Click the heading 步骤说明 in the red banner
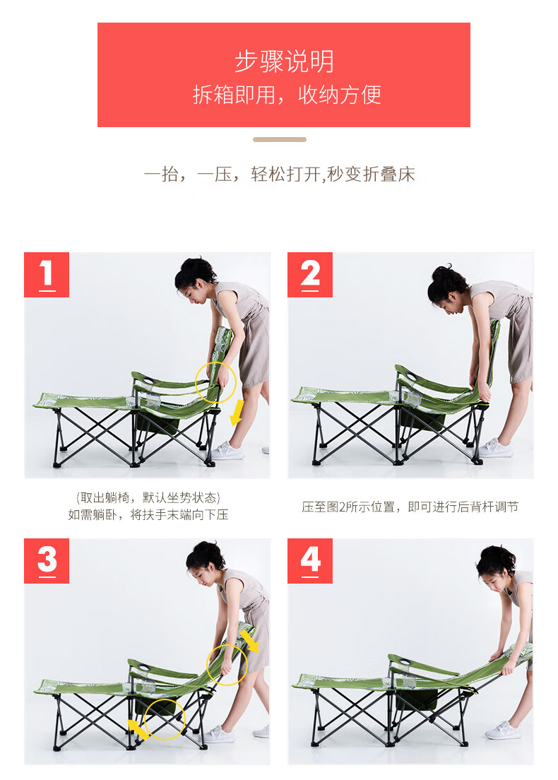point(284,61)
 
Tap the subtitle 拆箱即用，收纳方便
point(287,95)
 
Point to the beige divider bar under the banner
point(280,140)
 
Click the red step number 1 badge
point(47,275)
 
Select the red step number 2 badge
point(310,275)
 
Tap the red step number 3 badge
point(47,561)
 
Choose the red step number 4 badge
point(310,561)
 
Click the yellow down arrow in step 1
point(237,413)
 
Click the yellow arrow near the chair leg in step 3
point(138,729)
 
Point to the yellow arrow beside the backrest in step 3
point(249,640)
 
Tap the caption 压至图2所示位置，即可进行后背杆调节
point(410,507)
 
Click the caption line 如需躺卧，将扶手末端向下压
point(148,515)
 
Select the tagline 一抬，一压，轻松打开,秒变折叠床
point(279,175)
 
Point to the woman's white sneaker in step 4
point(503,731)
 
